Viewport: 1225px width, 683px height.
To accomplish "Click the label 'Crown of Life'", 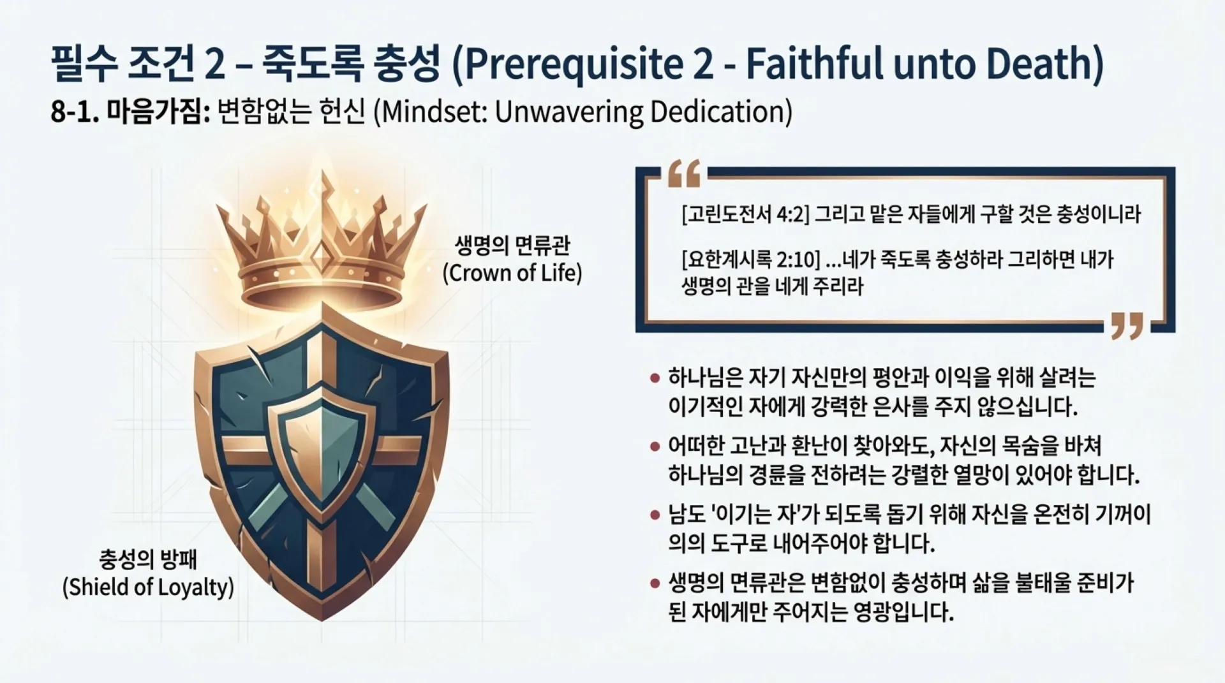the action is click(x=512, y=273).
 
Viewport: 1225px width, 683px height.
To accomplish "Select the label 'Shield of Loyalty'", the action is click(x=148, y=587).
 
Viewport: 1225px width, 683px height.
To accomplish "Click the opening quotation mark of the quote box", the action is click(x=684, y=173).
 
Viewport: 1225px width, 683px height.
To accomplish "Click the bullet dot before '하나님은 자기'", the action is click(x=654, y=378).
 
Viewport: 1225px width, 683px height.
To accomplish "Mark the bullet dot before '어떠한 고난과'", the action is click(x=654, y=446).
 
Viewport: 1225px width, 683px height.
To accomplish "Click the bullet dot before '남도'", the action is click(x=654, y=515).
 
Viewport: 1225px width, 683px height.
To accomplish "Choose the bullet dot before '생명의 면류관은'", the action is click(x=654, y=583).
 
